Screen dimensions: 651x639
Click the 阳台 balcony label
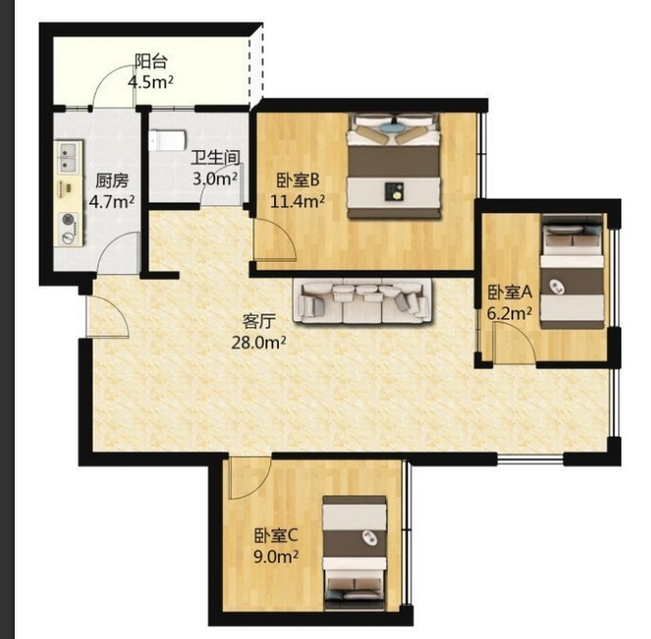pos(150,62)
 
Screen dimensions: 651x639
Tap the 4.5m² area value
pos(150,82)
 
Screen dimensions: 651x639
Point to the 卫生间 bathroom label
pos(215,158)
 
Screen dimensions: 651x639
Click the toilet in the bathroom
pos(167,141)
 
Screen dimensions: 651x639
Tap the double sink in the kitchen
pos(68,157)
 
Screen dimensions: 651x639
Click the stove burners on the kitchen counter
pos(69,228)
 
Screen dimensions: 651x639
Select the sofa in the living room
pos(362,302)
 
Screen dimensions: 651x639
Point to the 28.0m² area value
pos(258,342)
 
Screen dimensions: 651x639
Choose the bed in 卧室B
pos(394,165)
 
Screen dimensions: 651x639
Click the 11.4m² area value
pos(298,202)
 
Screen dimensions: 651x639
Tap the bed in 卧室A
pos(572,271)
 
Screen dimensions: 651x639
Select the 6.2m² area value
pos(509,313)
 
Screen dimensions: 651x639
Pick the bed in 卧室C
pos(355,552)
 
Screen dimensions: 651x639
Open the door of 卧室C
pos(249,478)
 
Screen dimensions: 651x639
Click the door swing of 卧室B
pos(274,240)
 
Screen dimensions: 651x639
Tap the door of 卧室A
pos(514,344)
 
